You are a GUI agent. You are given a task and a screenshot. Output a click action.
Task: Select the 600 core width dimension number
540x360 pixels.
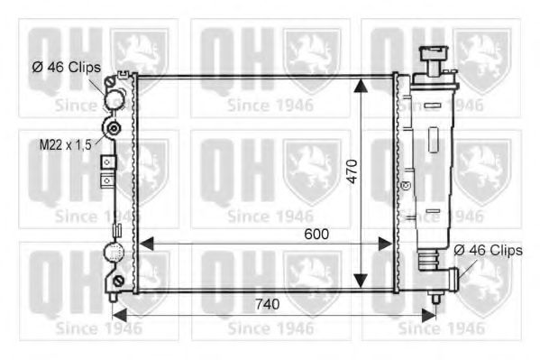315,234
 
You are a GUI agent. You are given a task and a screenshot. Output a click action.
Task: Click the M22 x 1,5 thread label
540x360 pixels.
64,143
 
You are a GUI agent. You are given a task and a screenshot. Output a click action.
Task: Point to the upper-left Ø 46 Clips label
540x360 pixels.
66,67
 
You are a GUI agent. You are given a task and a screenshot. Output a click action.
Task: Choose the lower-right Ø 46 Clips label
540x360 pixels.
488,250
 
